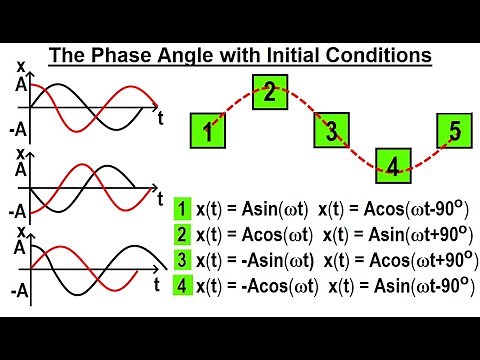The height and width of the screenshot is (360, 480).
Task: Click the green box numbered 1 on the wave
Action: click(207, 130)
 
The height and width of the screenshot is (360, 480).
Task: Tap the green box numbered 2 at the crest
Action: click(270, 93)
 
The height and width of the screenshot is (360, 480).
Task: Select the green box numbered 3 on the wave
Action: click(332, 130)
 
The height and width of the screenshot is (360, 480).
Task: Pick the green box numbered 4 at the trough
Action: click(393, 166)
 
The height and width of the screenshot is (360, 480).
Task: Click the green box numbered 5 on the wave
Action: click(455, 130)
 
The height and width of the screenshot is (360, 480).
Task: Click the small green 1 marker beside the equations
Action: click(182, 209)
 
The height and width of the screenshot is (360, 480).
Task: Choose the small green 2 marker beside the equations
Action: click(182, 234)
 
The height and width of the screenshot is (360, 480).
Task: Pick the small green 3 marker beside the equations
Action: click(182, 260)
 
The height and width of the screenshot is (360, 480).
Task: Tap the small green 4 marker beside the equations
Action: click(182, 286)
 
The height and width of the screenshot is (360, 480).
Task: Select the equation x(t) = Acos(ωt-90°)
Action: click(389, 209)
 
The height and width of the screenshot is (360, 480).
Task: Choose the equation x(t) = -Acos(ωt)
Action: click(256, 287)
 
